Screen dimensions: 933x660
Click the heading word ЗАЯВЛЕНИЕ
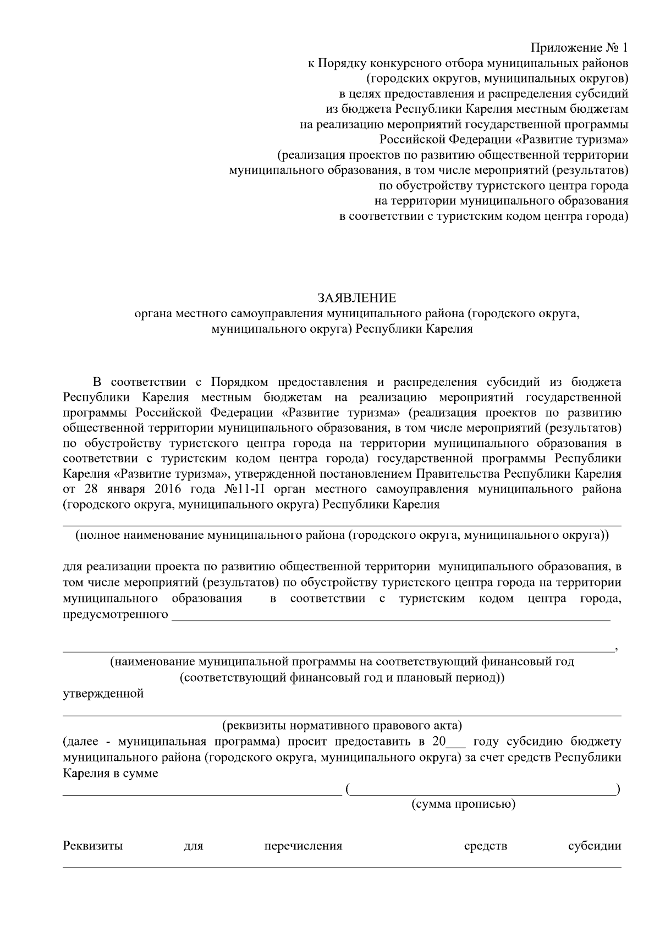(356, 299)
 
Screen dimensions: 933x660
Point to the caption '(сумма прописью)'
(463, 804)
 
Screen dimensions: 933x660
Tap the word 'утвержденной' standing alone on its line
(103, 693)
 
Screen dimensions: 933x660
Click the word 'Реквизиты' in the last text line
(93, 846)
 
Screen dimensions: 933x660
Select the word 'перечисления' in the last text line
(303, 846)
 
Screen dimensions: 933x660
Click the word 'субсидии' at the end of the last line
(595, 846)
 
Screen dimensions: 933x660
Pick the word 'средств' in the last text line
(486, 846)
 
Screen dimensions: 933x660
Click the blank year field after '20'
(456, 742)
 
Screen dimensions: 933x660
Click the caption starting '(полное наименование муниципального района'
(342, 534)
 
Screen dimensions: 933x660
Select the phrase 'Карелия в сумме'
(111, 773)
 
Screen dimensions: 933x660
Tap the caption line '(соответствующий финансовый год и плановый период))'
(342, 677)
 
